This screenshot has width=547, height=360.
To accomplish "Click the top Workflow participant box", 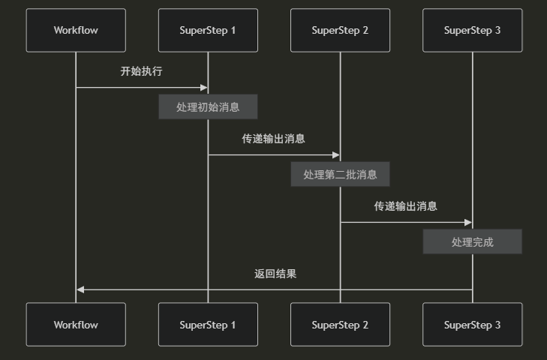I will [76, 31].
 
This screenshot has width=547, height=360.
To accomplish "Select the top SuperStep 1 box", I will [208, 31].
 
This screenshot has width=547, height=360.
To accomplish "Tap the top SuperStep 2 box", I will [340, 31].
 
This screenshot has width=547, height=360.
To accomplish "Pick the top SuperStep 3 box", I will [472, 31].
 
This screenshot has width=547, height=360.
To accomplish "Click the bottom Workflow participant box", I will [76, 325].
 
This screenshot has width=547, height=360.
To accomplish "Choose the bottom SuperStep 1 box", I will [208, 325].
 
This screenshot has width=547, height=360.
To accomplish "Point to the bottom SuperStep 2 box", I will [340, 325].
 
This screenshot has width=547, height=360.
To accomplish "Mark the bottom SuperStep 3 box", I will [472, 325].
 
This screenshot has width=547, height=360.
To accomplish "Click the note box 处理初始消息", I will [208, 107].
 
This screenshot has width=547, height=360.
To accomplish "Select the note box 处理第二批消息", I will [340, 175].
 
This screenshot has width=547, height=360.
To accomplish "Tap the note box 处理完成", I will [472, 242].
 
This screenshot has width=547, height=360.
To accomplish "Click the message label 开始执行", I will [141, 72].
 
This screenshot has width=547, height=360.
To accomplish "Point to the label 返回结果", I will [275, 274].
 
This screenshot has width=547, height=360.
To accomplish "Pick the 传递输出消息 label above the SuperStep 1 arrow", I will [273, 139].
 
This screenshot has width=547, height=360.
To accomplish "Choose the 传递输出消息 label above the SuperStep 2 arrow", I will [406, 206].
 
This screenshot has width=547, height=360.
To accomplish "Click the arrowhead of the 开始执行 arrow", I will [203, 88].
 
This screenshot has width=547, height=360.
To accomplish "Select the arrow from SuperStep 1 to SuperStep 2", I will [273, 155].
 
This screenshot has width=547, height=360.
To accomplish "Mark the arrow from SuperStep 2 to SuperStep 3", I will [405, 223].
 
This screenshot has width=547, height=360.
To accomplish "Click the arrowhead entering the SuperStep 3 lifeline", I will [467, 223].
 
